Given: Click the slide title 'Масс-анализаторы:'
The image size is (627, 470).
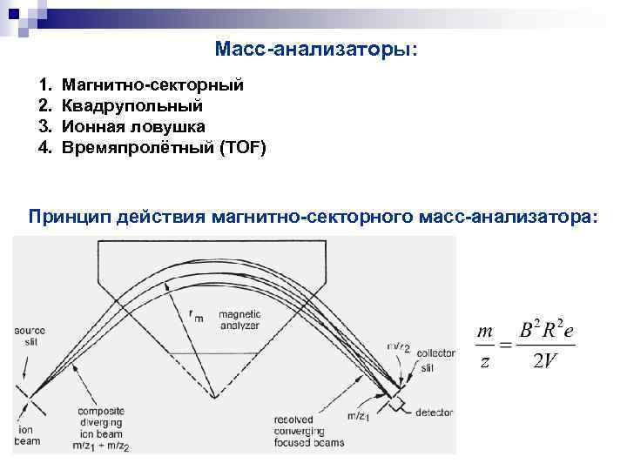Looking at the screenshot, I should pos(315,50).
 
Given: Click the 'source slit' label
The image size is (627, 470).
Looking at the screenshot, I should pos(30,335).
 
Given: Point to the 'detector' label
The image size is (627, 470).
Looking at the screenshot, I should pos(434,412).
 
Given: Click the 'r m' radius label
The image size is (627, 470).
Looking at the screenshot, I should pos(195,315).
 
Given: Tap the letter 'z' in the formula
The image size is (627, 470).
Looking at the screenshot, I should pos(485,360).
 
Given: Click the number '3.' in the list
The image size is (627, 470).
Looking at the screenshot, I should pos(45,127).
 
